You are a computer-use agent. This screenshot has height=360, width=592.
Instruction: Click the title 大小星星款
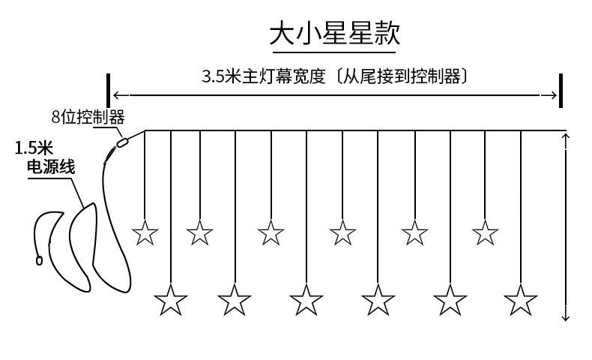[334, 34]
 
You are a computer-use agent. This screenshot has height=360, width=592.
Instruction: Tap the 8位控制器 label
[88, 117]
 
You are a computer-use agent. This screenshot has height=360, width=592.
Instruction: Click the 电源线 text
[50, 166]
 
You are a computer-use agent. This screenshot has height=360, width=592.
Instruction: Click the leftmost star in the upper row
[145, 233]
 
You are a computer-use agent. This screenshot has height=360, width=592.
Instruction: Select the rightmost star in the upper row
[486, 233]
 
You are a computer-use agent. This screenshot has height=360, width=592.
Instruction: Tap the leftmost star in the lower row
[171, 301]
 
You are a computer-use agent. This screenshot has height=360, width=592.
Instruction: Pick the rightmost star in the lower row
[521, 301]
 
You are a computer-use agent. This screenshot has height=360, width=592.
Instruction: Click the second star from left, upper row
[200, 233]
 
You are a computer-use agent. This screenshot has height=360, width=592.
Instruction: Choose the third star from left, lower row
[306, 301]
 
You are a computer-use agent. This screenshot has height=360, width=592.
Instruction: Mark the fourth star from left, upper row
[343, 233]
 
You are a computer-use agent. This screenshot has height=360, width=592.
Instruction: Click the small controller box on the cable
[123, 139]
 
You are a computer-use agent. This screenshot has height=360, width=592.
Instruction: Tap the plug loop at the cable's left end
[39, 261]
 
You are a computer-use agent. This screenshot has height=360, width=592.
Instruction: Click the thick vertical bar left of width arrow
[109, 91]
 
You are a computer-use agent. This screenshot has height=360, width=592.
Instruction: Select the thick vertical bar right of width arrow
[561, 91]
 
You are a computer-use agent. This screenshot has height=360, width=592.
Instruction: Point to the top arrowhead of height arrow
[566, 137]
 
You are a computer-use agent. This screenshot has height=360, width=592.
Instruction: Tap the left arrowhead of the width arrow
[117, 95]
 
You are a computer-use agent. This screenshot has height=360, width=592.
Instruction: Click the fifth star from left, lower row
[450, 301]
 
